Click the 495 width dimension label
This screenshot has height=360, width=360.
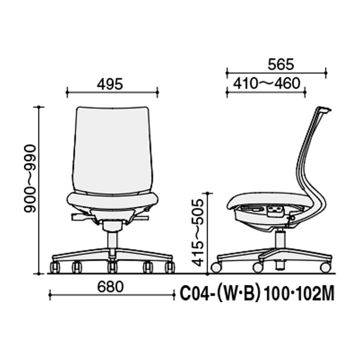[x=110, y=84]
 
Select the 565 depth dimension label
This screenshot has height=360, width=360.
[x=281, y=64]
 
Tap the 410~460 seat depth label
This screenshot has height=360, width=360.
[x=267, y=84]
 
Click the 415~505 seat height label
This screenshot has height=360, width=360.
[x=198, y=232]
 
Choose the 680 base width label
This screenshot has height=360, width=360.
[x=110, y=287]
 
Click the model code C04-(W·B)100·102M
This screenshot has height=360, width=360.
[x=257, y=293]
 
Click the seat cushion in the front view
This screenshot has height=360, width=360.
[x=112, y=201]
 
